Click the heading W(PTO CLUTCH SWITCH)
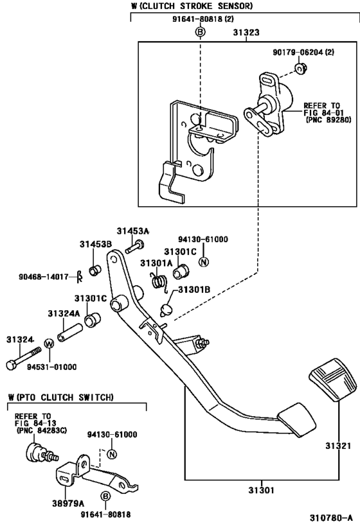pyautogui.click(x=61, y=397)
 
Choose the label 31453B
pyautogui.click(x=96, y=244)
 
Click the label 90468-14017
pyautogui.click(x=43, y=277)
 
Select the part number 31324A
pyautogui.click(x=63, y=313)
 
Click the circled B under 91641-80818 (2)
pyautogui.click(x=200, y=32)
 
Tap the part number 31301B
pyautogui.click(x=194, y=290)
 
